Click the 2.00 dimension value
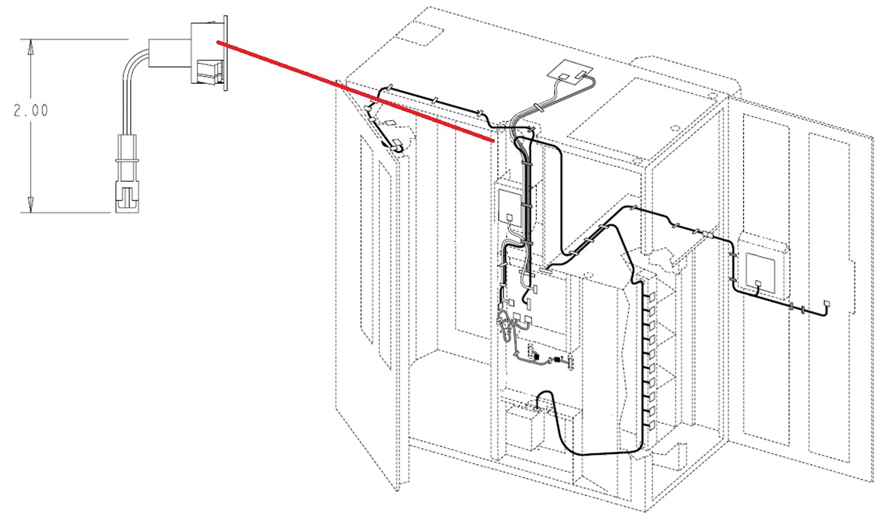(x=30, y=111)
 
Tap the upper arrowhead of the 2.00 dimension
(x=31, y=46)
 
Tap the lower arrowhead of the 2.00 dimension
(x=31, y=206)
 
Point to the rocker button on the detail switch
(x=209, y=71)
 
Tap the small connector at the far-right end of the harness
(x=826, y=304)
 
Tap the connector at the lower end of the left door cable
(x=396, y=143)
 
